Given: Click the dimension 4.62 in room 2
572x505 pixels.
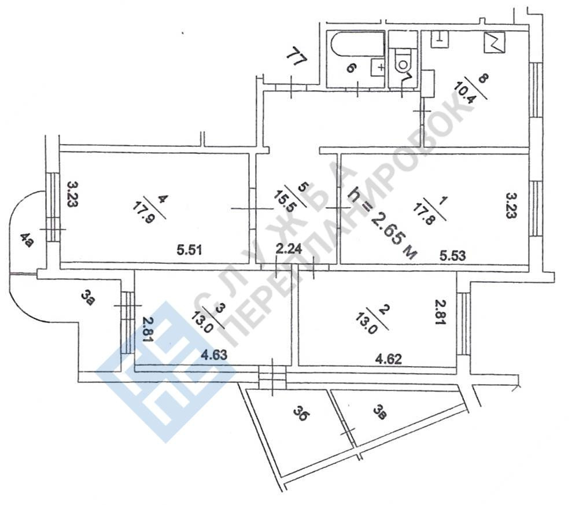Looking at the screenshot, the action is point(389,359).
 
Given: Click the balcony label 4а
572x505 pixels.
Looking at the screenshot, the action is point(25,239).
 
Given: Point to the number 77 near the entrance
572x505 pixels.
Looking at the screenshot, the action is point(296,58).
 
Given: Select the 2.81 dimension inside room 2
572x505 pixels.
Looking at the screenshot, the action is point(441,313).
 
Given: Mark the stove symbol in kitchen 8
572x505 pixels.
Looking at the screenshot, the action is point(495,41).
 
